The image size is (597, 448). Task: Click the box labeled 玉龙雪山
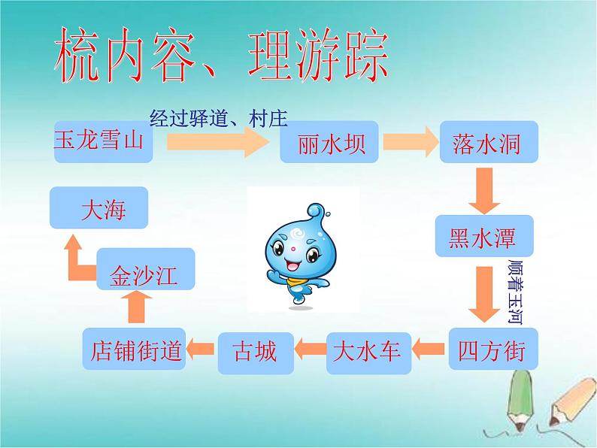(104, 141)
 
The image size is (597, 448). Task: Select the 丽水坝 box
(332, 141)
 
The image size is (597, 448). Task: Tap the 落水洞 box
(489, 141)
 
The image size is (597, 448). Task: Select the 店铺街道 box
(135, 350)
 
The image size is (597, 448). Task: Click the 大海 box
(98, 208)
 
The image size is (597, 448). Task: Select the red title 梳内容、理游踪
(221, 56)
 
